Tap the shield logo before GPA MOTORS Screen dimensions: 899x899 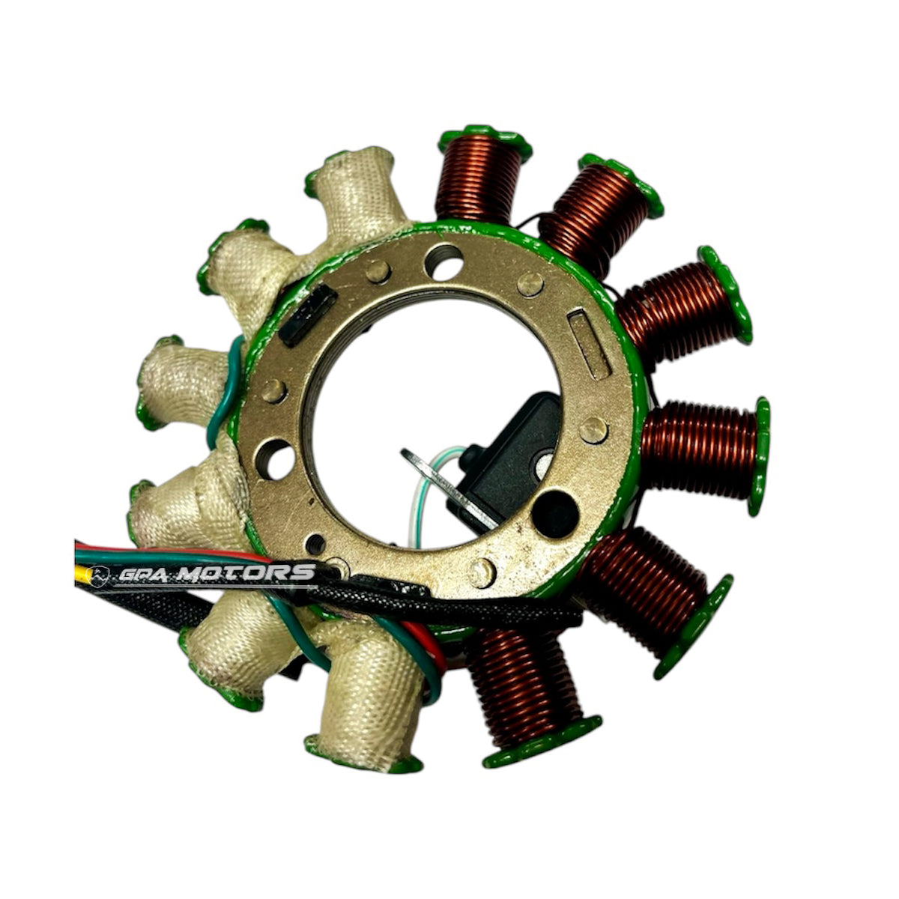click(x=98, y=575)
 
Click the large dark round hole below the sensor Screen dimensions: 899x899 click(x=556, y=514)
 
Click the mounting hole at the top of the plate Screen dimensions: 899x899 click(x=444, y=261)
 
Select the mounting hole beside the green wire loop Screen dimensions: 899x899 click(x=275, y=459)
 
